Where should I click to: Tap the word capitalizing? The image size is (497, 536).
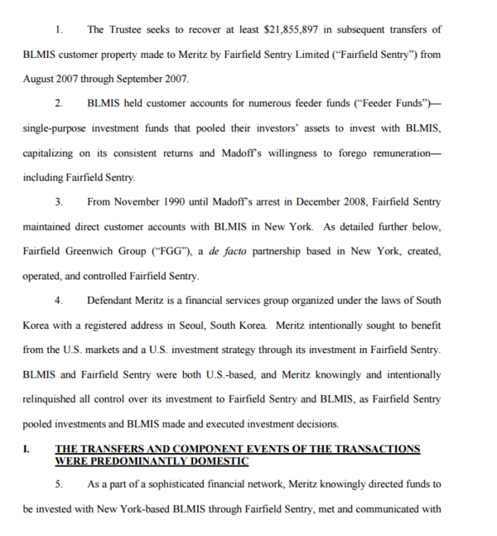tap(53, 152)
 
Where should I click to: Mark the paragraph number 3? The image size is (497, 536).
tap(58, 201)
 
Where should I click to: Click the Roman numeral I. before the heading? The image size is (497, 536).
tap(27, 448)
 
